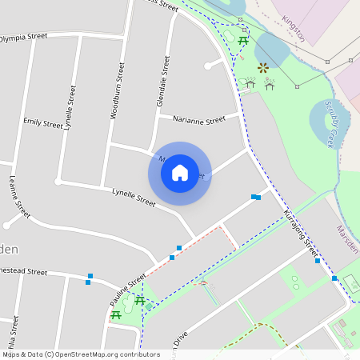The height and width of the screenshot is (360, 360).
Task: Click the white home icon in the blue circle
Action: click(180, 173)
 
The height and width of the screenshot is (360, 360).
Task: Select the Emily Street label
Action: click(42, 123)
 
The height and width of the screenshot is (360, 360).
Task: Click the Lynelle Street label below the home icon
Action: click(134, 197)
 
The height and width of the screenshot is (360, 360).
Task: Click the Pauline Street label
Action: click(128, 290)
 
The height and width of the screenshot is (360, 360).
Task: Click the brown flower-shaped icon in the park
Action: click(262, 70)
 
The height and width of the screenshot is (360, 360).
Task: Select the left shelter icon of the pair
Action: click(250, 82)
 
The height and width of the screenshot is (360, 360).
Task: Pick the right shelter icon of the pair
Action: click(270, 82)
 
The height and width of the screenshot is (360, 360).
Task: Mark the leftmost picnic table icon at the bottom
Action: click(116, 315)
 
